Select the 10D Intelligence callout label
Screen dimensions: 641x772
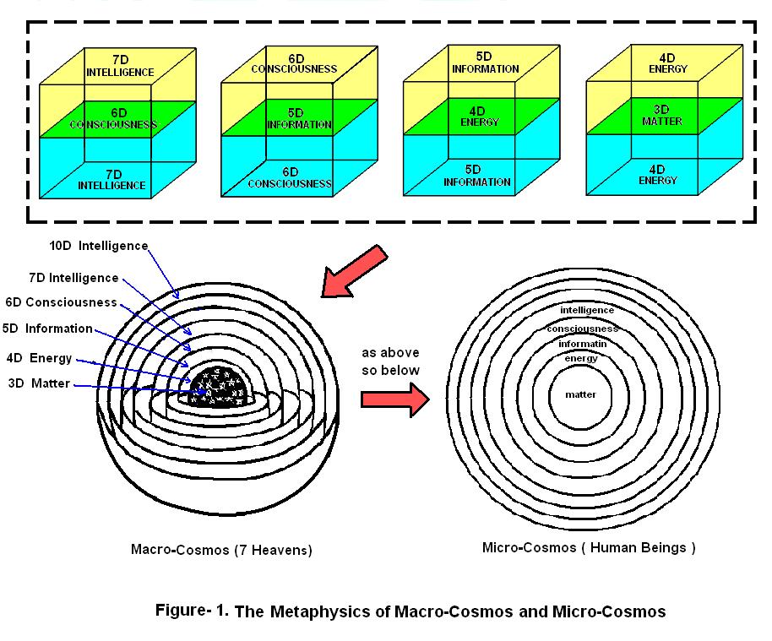click(x=100, y=247)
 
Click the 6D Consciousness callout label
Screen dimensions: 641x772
click(x=61, y=301)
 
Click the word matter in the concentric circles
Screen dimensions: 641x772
click(x=580, y=394)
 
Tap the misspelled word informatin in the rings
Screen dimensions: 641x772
click(x=581, y=344)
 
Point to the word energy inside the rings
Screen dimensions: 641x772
click(x=581, y=359)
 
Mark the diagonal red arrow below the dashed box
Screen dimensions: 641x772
click(x=353, y=270)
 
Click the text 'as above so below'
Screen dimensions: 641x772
click(x=390, y=360)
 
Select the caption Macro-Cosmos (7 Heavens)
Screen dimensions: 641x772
click(x=221, y=550)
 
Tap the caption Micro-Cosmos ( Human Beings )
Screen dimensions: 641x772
click(x=589, y=547)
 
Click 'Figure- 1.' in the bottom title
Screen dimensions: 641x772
click(x=192, y=611)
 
